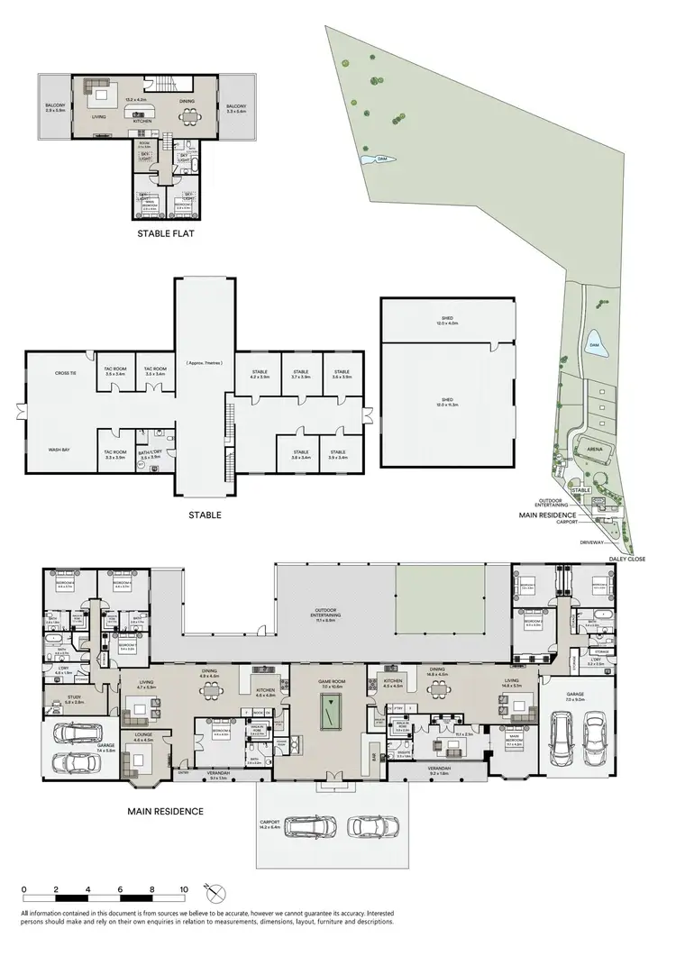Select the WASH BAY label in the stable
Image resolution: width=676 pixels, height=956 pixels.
tap(60, 448)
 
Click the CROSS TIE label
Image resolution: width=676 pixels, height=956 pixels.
tap(64, 372)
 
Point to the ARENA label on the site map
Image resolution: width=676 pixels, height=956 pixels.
tap(594, 447)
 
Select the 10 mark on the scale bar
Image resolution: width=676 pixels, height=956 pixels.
tap(184, 889)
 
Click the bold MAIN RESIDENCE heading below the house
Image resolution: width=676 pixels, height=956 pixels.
tap(167, 811)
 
